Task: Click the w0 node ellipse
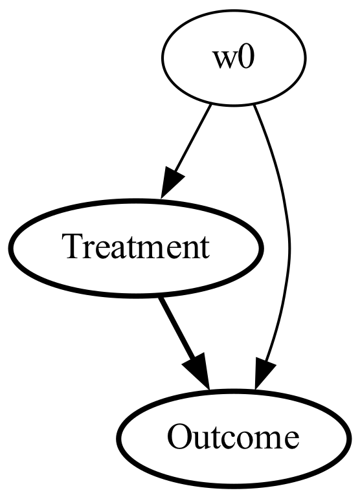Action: (234, 58)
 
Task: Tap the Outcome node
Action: (234, 438)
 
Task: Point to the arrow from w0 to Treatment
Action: (186, 151)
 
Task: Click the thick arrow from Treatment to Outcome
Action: (185, 343)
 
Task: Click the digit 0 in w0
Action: (245, 59)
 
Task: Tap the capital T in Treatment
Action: (75, 247)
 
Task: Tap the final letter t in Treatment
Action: (205, 249)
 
